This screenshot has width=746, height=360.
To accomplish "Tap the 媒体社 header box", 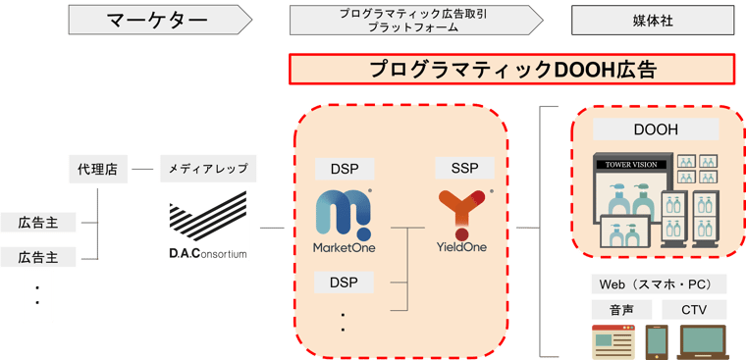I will [x=653, y=19].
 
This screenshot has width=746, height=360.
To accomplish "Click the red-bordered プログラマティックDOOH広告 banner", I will [x=511, y=69].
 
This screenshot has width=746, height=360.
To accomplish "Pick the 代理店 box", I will [x=97, y=169].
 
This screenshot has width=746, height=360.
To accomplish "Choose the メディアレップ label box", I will [x=208, y=169].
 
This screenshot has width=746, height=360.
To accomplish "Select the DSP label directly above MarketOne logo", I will [x=343, y=169].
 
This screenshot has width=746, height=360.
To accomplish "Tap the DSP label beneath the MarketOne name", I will [x=343, y=283].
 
